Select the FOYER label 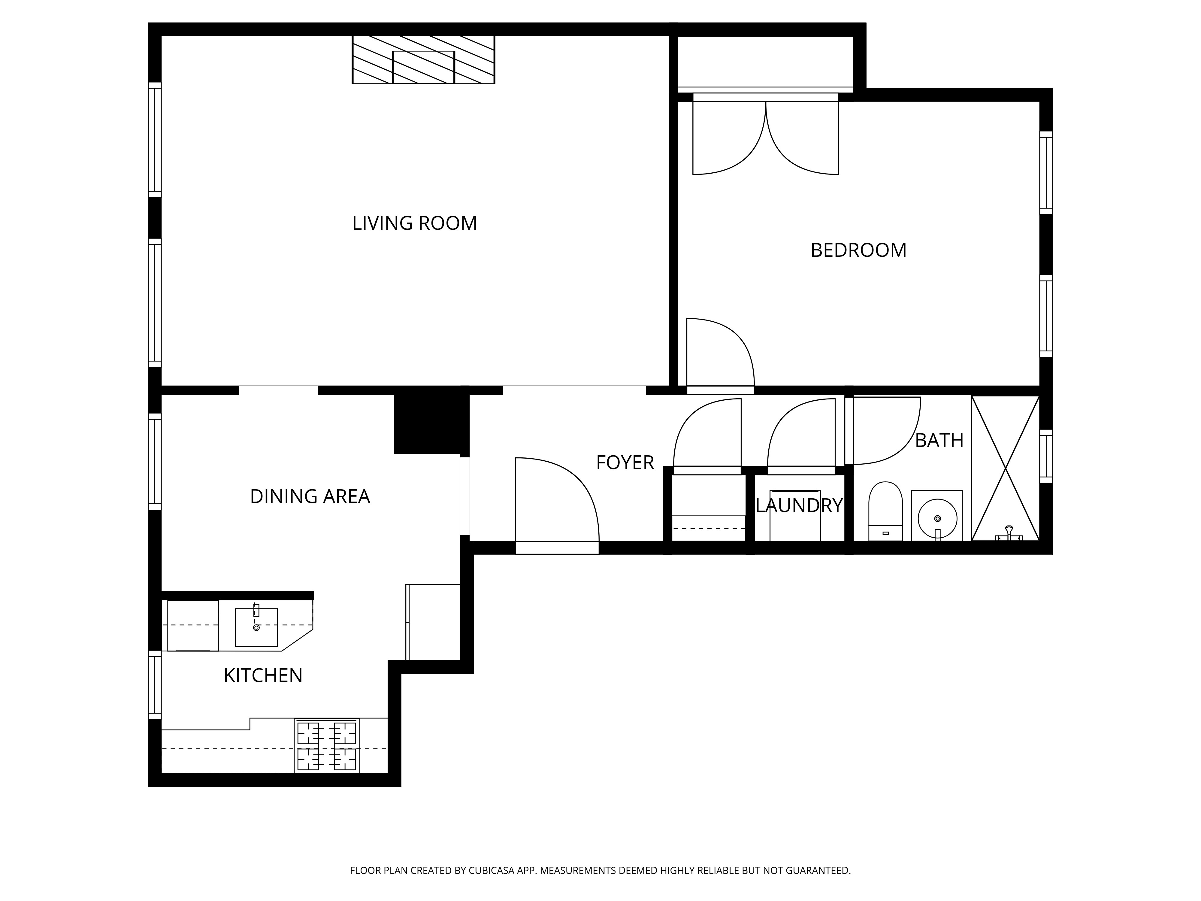625,463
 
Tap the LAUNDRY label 799,506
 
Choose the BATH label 939,441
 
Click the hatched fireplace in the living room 423,60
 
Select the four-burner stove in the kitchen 326,745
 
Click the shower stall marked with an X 1005,468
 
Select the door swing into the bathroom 885,432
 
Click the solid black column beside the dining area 431,423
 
